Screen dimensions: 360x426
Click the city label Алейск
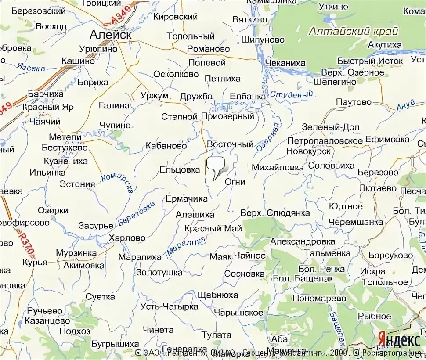point(110,35)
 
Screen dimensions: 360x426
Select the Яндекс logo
point(398,339)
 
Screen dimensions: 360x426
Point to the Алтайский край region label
point(353,31)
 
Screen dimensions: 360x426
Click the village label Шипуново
point(263,40)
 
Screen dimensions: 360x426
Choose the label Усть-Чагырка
point(169,306)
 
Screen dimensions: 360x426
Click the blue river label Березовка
point(137,214)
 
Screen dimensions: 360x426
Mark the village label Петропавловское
point(325,141)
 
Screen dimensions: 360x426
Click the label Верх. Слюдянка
point(275,213)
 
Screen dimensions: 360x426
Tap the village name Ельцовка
point(179,169)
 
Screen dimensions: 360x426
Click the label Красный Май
point(213,228)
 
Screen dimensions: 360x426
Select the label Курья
point(36,263)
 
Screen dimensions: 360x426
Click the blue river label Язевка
point(31,68)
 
